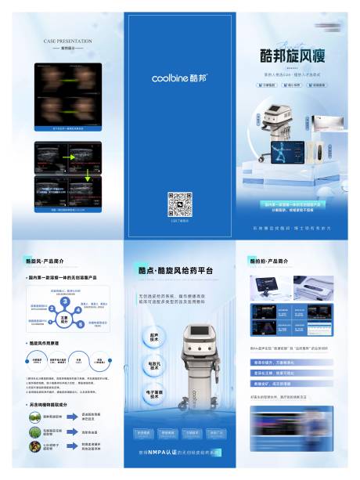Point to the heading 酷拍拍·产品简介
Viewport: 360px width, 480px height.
tap(271, 260)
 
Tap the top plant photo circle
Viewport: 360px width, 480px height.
tap(34, 417)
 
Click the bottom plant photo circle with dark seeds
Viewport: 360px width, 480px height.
tap(34, 447)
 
